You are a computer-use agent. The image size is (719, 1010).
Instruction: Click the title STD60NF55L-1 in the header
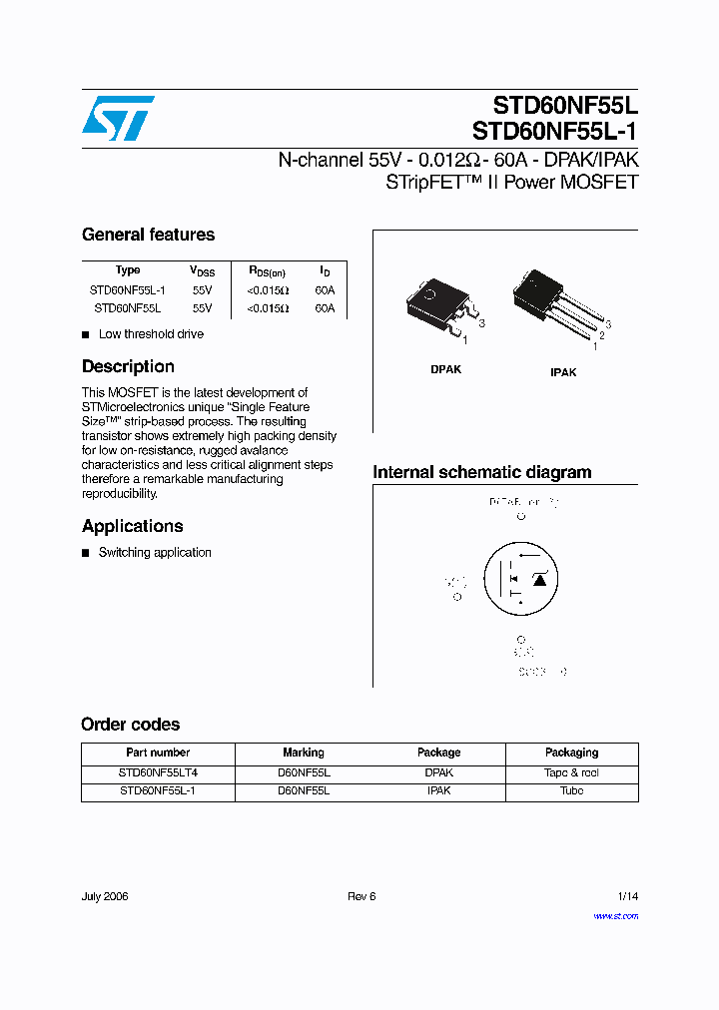pyautogui.click(x=554, y=131)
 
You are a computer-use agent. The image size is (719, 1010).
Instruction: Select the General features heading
pyautogui.click(x=148, y=235)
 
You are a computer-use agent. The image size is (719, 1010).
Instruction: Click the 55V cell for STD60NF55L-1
pyautogui.click(x=202, y=290)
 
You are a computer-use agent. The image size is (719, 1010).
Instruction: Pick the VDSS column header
pyautogui.click(x=202, y=270)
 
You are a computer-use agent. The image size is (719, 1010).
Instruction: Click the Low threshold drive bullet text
pyautogui.click(x=151, y=334)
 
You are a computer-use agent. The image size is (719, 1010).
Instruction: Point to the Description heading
pyautogui.click(x=128, y=366)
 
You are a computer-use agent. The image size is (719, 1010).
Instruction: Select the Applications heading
pyautogui.click(x=132, y=526)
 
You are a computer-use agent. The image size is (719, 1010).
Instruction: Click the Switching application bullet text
pyautogui.click(x=155, y=552)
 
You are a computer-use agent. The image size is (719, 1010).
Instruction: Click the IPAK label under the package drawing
pyautogui.click(x=563, y=372)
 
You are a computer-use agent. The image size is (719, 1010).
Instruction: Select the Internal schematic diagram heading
pyautogui.click(x=481, y=472)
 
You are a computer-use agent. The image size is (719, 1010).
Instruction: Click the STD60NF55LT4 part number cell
pyautogui.click(x=158, y=772)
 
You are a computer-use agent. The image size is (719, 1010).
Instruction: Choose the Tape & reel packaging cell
pyautogui.click(x=571, y=772)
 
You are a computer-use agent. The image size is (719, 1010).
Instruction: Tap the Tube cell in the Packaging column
pyautogui.click(x=571, y=790)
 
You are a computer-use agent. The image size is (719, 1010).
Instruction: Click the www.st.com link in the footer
pyautogui.click(x=615, y=915)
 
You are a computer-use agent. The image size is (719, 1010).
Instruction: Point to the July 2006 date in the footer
pyautogui.click(x=105, y=896)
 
